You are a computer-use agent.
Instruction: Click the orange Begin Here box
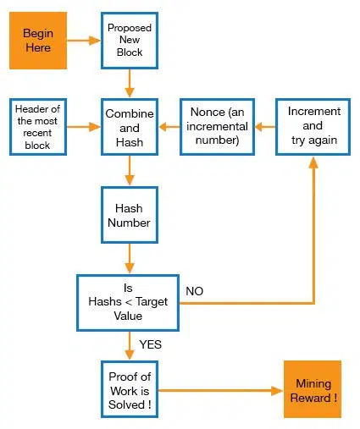point(38,41)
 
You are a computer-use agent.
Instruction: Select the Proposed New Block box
point(130,41)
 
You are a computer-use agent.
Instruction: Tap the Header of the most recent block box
point(38,127)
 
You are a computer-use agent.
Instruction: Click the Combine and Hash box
point(130,127)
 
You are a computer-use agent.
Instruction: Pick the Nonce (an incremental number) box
point(217,127)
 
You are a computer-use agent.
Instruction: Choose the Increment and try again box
point(313,127)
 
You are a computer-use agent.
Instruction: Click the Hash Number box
point(130,215)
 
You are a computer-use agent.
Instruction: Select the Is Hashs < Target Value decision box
point(128,303)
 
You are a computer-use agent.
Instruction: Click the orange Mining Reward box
point(313,389)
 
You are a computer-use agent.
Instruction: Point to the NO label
point(195,291)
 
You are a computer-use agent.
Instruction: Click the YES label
point(151,344)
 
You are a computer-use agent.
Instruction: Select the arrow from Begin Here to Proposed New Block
point(84,41)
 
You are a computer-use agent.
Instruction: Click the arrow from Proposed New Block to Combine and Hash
point(130,84)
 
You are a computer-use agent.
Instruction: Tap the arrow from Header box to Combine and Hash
point(84,127)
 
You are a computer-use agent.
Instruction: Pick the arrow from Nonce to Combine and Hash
point(169,127)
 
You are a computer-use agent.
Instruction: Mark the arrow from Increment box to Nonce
point(265,127)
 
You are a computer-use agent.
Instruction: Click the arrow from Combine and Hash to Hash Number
point(130,171)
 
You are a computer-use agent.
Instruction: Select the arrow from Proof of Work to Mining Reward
point(220,391)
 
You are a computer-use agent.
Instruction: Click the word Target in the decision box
point(152,302)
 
